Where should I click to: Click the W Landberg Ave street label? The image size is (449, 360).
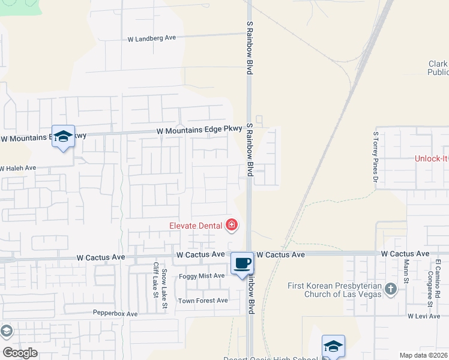tap(152, 38)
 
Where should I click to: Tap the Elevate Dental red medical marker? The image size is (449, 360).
tap(231, 226)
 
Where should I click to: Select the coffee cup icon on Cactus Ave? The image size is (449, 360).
tap(242, 263)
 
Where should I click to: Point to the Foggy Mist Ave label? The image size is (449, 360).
tap(202, 276)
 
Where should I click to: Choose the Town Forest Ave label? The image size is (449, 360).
tap(203, 301)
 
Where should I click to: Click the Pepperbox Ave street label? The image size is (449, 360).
tap(115, 314)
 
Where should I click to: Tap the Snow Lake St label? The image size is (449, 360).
tap(163, 290)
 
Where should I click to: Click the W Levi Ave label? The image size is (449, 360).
tap(424, 316)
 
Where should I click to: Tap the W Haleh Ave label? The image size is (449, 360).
tap(19, 169)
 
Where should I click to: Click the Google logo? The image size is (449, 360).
tap(20, 353)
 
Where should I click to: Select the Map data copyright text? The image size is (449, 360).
tap(423, 355)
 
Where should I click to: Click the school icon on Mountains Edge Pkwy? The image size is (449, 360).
tap(62, 137)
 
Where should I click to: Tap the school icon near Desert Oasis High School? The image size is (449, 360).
tap(333, 346)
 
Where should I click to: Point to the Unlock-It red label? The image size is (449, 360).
tap(432, 159)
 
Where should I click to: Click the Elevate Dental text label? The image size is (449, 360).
tap(195, 226)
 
